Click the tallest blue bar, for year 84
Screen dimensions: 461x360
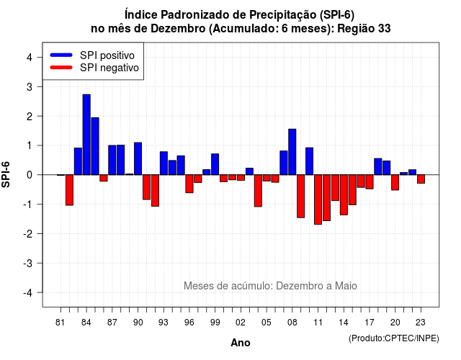[x=86, y=135]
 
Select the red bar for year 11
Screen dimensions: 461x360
[x=318, y=199]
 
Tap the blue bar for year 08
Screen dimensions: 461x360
[x=292, y=152]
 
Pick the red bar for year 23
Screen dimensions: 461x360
[x=421, y=179]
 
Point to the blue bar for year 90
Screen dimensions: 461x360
[x=138, y=158]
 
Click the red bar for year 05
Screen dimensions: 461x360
[x=267, y=178]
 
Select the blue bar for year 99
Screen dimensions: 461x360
[x=215, y=164]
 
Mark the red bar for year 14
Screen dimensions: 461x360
[x=344, y=195]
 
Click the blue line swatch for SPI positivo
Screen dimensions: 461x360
[x=61, y=55]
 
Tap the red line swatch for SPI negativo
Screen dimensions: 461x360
[x=61, y=68]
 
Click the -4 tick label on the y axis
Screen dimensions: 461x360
[x=28, y=293]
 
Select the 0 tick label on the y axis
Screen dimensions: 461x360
[x=30, y=175]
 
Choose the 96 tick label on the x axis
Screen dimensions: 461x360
[x=189, y=323]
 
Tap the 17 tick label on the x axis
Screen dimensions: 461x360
[x=370, y=323]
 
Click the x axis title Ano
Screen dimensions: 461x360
[x=241, y=343]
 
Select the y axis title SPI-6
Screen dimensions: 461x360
[x=6, y=174]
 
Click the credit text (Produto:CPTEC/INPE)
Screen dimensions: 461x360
[x=394, y=338]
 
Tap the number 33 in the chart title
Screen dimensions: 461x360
[x=385, y=29]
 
